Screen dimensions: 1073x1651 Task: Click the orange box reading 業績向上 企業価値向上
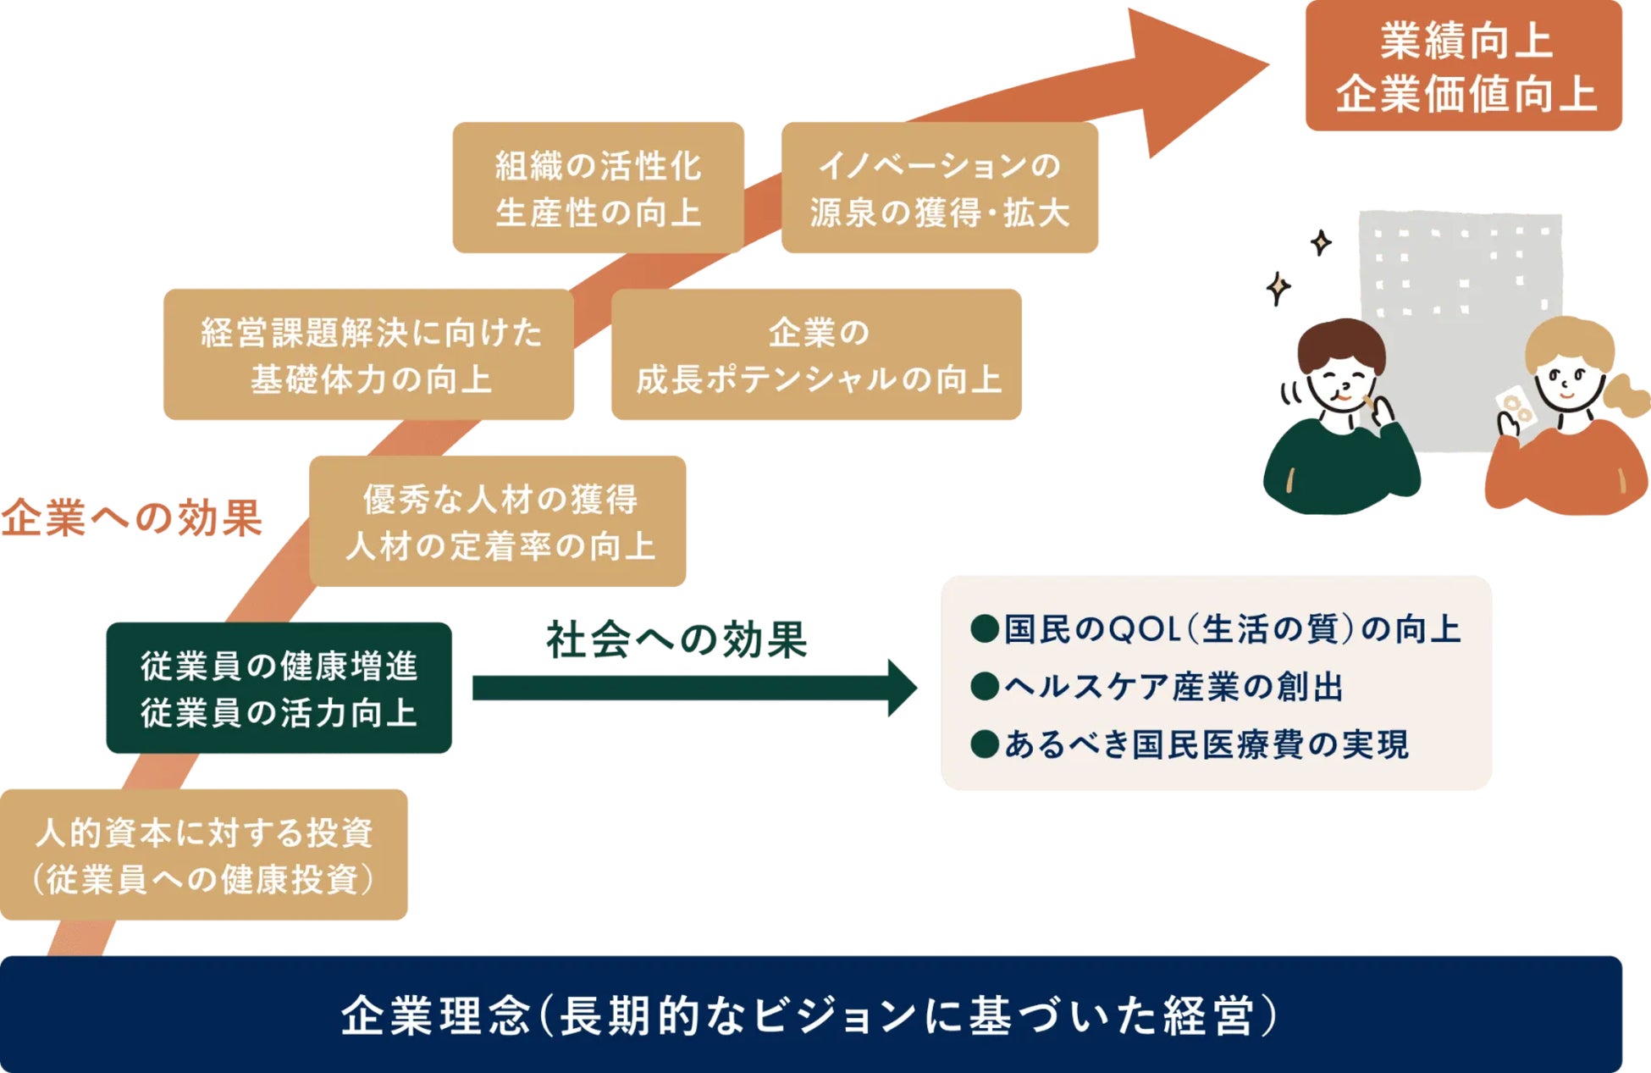(x=1463, y=66)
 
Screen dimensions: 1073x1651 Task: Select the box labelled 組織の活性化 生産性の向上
(x=598, y=188)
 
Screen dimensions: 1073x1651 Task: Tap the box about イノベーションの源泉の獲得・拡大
(x=939, y=188)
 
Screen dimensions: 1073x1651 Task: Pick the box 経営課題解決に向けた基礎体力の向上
(x=369, y=355)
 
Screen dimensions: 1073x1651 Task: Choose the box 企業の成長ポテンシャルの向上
(x=816, y=355)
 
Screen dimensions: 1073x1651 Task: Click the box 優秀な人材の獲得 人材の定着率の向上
(x=498, y=522)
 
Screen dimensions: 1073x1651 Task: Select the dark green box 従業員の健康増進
(x=279, y=688)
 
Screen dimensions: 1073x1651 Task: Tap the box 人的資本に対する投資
(x=203, y=855)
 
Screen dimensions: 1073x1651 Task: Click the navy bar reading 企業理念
(x=810, y=1015)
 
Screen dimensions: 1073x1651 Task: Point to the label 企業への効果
(x=131, y=517)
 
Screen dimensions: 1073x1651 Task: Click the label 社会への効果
(x=676, y=640)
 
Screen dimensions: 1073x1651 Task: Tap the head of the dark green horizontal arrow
(x=903, y=688)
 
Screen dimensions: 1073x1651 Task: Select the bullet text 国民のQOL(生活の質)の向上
(x=1231, y=629)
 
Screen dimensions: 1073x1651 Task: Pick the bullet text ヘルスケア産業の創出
(x=1173, y=687)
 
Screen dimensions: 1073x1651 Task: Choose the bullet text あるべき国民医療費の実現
(x=1206, y=744)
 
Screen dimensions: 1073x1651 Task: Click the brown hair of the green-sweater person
(x=1341, y=339)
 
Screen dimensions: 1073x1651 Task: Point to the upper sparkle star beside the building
(x=1321, y=243)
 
